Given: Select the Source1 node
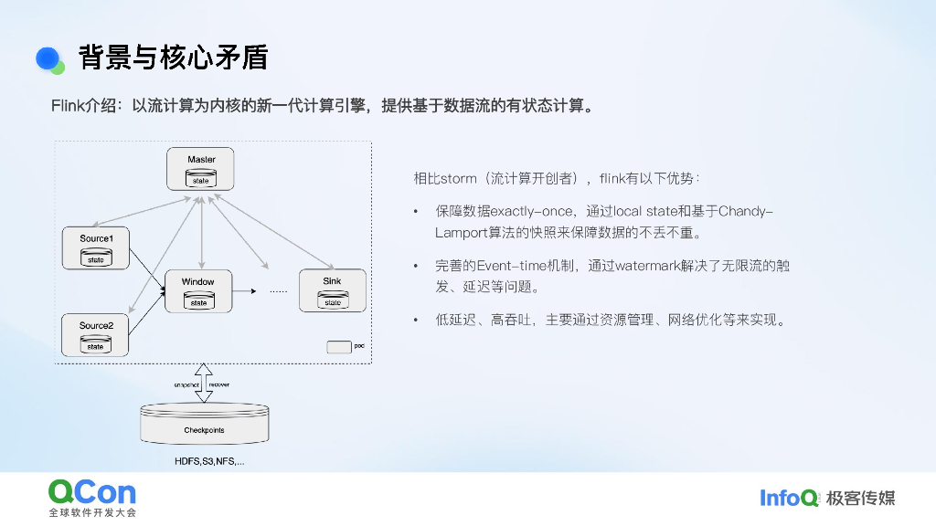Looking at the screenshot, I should pyautogui.click(x=95, y=247).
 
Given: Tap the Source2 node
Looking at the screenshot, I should pyautogui.click(x=95, y=335).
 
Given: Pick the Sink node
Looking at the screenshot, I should pyautogui.click(x=332, y=290).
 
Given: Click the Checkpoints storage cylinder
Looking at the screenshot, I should pyautogui.click(x=204, y=426).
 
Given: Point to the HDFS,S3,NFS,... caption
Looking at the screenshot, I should pyautogui.click(x=209, y=462).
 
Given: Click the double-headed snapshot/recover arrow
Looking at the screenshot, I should pyautogui.click(x=203, y=382).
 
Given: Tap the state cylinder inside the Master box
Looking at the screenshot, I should pyautogui.click(x=200, y=181).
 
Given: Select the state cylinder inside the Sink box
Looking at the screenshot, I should pyautogui.click(x=332, y=301).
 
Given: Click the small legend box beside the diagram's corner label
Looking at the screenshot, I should pyautogui.click(x=339, y=347).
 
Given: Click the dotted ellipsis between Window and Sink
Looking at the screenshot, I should pyautogui.click(x=278, y=292).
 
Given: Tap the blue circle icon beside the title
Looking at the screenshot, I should pyautogui.click(x=48, y=58).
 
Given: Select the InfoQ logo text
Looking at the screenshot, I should pyautogui.click(x=789, y=498).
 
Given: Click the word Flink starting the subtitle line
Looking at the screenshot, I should pyautogui.click(x=68, y=106).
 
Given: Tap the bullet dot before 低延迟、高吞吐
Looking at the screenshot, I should pyautogui.click(x=417, y=321).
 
